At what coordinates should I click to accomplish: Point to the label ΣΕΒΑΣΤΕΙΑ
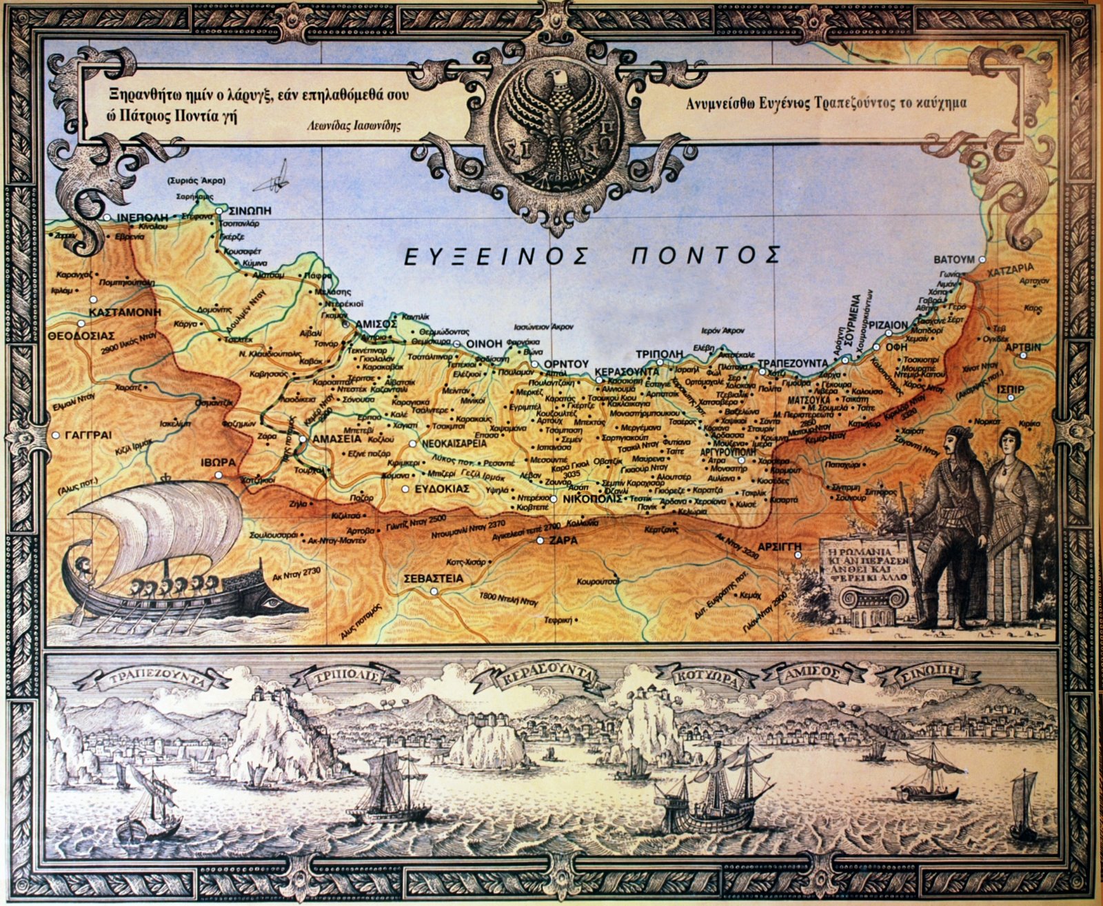pyautogui.click(x=433, y=579)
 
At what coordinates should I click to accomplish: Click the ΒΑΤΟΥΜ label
pyautogui.click(x=953, y=260)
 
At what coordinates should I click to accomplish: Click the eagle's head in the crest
pyautogui.click(x=558, y=86)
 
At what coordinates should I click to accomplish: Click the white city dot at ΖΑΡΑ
pyautogui.click(x=540, y=541)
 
